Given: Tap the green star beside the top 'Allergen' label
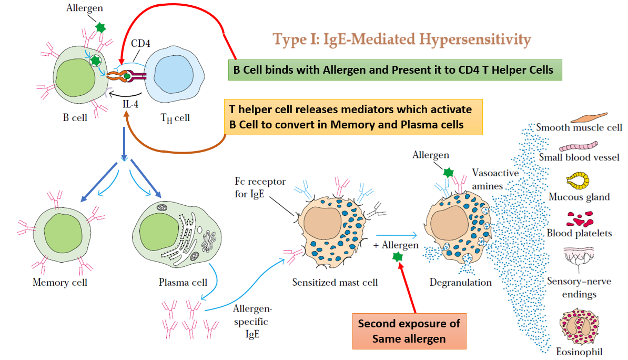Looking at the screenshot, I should (100, 26).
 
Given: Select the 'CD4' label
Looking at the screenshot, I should (141, 44).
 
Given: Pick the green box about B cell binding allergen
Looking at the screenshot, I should (395, 69).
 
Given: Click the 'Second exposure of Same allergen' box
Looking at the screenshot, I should (409, 331).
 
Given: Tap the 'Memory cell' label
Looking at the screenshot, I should (60, 283).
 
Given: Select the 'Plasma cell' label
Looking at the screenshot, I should (183, 283).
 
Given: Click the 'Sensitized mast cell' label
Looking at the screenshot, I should (335, 283).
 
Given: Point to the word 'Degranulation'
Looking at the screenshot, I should (460, 283).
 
